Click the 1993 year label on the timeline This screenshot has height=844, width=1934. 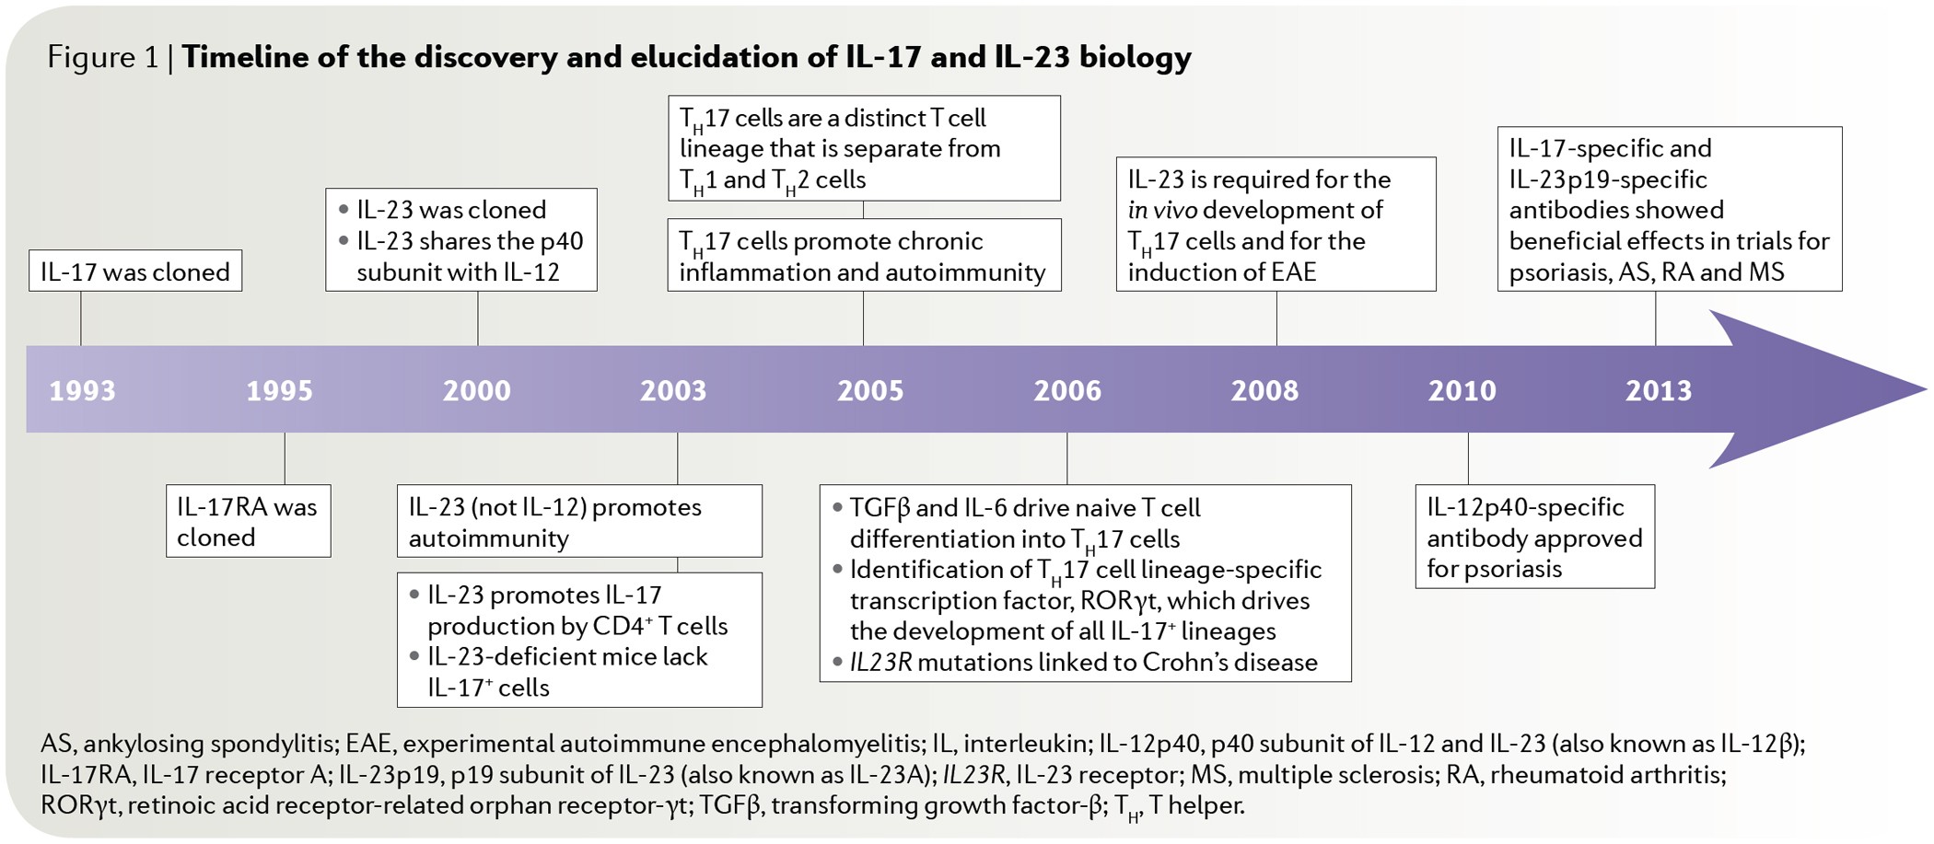tap(83, 390)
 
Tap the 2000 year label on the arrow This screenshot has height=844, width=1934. tap(477, 390)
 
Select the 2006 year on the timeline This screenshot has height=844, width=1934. tap(1067, 390)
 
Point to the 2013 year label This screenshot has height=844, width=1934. tap(1659, 390)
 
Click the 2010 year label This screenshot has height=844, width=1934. tap(1462, 390)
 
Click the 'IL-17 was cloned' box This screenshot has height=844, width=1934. tap(135, 272)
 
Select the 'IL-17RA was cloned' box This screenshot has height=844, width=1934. tap(248, 521)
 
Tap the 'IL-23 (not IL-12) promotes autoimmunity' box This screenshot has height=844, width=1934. tap(579, 521)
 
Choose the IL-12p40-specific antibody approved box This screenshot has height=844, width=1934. tap(1534, 537)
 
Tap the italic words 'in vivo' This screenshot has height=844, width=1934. tap(1162, 210)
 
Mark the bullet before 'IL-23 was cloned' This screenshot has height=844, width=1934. tap(344, 210)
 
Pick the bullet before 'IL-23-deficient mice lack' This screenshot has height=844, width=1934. tap(414, 656)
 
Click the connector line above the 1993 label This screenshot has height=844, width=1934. tap(81, 318)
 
